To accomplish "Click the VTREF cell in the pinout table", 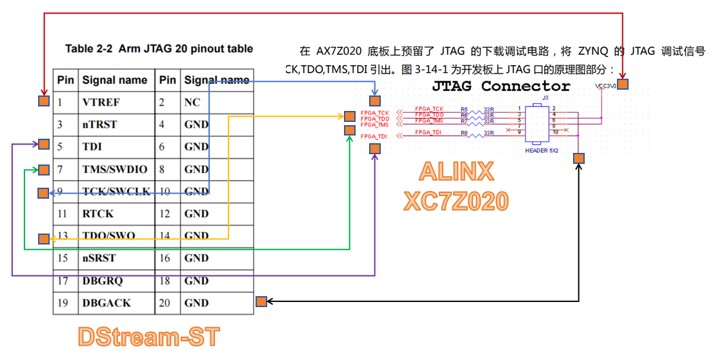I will (x=101, y=103).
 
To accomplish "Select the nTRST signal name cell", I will (x=100, y=125).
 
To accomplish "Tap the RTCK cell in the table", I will (x=98, y=214).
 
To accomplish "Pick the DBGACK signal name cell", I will (x=106, y=303).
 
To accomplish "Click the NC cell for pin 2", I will (x=192, y=103).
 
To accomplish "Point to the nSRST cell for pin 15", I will (x=99, y=258).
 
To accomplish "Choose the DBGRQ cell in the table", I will (x=103, y=281).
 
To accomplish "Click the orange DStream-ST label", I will (x=149, y=337).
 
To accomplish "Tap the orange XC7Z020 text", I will (x=456, y=201).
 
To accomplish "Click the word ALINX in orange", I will (x=457, y=172).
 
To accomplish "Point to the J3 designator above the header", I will (x=545, y=97).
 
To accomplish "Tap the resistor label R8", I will (x=464, y=133).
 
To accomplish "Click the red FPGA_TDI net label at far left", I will (x=374, y=136).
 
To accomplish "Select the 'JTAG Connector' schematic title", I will (x=501, y=86).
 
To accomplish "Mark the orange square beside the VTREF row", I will (x=43, y=101).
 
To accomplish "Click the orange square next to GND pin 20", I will (x=261, y=301).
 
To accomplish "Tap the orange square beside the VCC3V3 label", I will (x=623, y=85).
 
